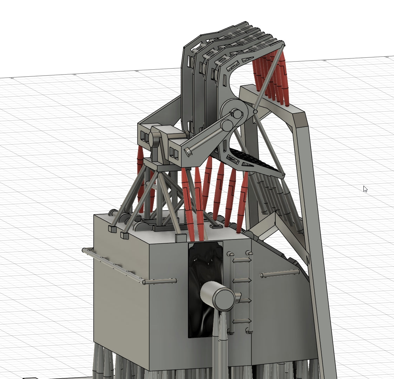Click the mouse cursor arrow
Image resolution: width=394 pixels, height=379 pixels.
pos(365,189)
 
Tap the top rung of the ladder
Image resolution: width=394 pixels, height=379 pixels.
pos(242,261)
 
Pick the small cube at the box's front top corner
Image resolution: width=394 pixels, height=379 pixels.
pos(180,238)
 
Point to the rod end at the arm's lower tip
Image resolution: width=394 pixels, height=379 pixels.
pos(189,152)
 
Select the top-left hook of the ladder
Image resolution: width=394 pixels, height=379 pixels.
pos(230,254)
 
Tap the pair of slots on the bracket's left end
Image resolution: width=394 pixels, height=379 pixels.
pos(144,136)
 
